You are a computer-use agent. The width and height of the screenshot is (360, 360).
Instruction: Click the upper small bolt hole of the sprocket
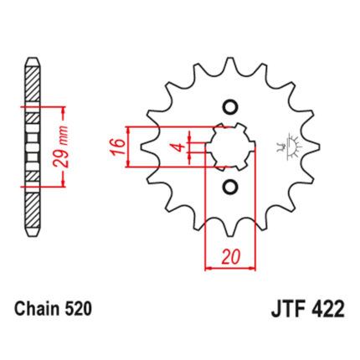[231, 107]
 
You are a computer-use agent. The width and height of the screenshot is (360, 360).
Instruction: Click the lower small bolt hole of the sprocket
[230, 186]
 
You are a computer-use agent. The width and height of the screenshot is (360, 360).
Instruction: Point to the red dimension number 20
[231, 256]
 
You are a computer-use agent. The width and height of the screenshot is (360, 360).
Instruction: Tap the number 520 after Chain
[78, 309]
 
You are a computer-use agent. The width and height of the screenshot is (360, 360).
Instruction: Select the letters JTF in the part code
[287, 310]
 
